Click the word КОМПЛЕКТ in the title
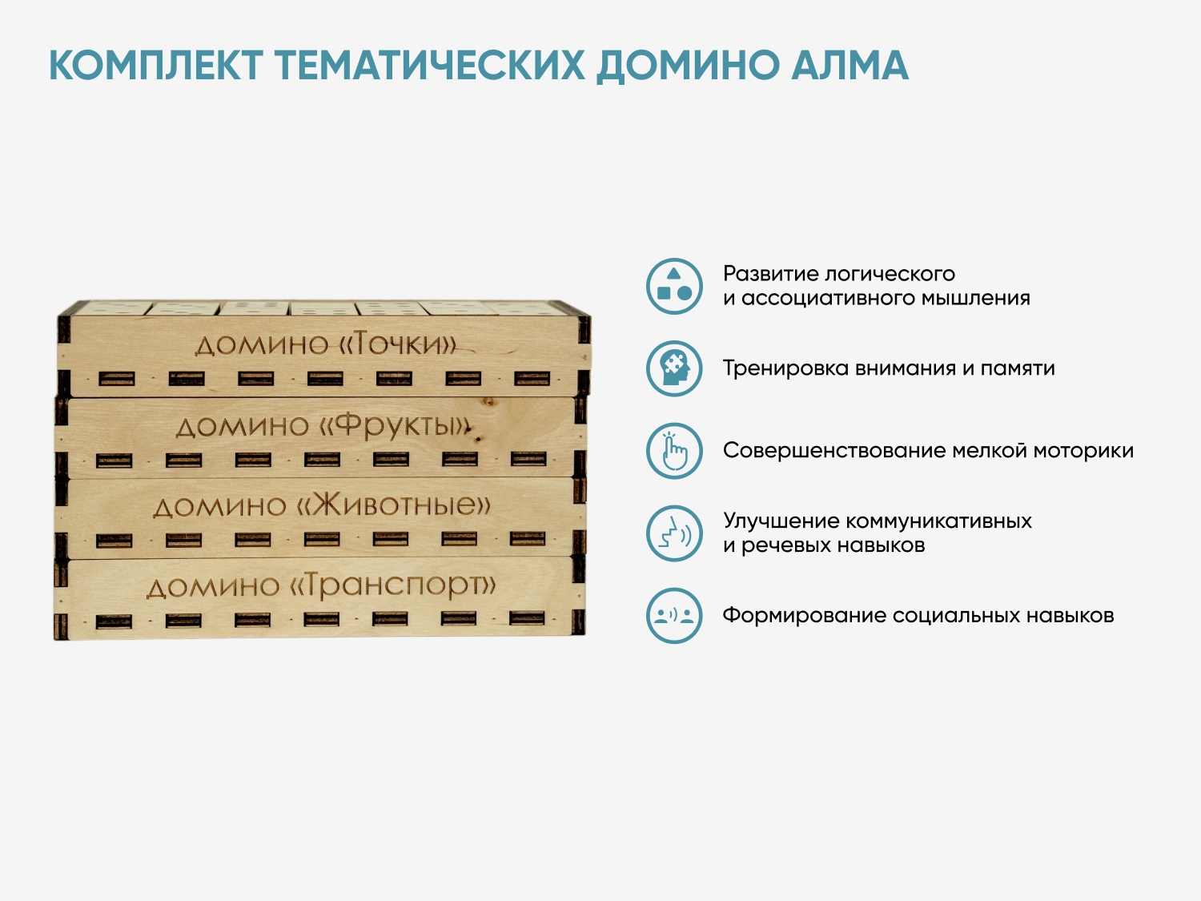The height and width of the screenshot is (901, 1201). tap(156, 66)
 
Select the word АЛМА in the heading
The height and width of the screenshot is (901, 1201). tap(850, 66)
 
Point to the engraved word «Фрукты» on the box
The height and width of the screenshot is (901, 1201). tap(395, 426)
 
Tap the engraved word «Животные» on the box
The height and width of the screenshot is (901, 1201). tap(393, 504)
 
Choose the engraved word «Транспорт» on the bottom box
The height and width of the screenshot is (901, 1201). tap(392, 585)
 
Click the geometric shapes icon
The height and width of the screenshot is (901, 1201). tap(673, 286)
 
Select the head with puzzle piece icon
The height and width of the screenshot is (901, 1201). tap(673, 368)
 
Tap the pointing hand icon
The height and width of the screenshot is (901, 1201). tap(673, 451)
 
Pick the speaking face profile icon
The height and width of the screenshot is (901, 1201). tap(673, 533)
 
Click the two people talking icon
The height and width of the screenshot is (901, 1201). tap(673, 615)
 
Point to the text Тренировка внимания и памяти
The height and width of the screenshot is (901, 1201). tap(889, 368)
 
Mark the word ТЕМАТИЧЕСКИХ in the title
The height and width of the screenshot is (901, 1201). tap(429, 66)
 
